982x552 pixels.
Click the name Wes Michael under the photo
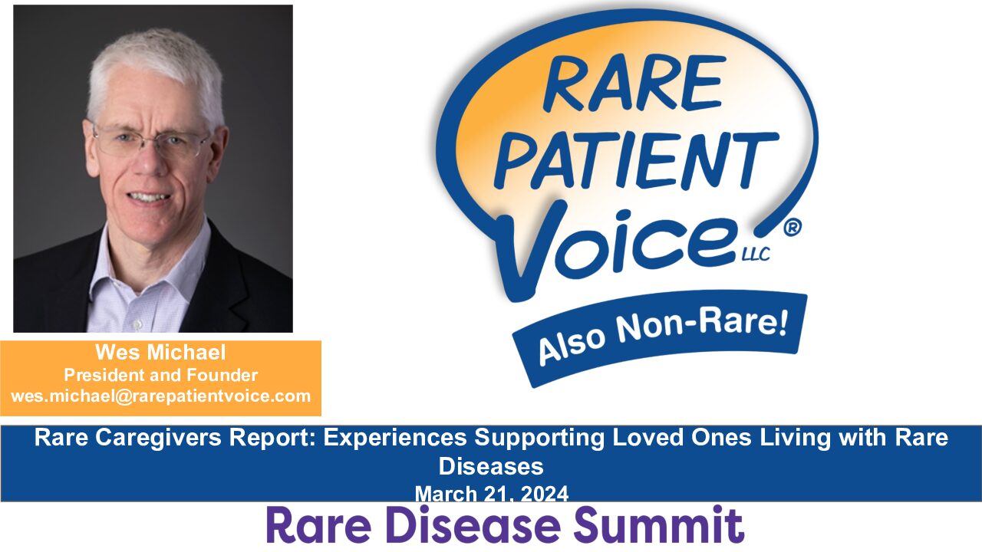click(160, 353)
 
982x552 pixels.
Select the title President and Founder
click(160, 376)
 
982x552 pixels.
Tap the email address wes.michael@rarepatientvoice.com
click(160, 396)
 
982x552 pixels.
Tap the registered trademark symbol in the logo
click(793, 228)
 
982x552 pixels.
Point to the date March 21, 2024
click(491, 494)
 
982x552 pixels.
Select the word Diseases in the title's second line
click(491, 466)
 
